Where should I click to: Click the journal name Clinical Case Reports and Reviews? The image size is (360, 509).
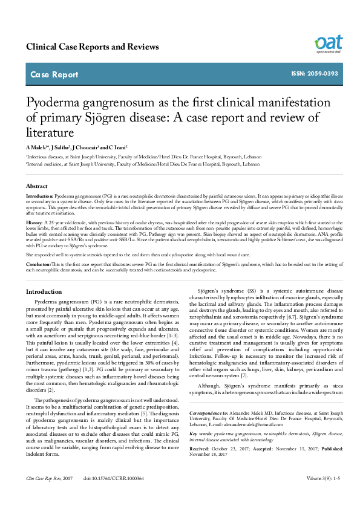tap(93, 47)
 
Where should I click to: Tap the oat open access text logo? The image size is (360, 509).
tap(328, 43)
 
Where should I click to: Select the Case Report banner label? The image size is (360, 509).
tap(54, 75)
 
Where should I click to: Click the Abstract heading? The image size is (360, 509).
tap(38, 186)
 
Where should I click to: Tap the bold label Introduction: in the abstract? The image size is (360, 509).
tap(40, 197)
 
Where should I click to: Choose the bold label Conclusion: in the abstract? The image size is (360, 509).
tap(39, 265)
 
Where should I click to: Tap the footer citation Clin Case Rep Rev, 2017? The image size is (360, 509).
tap(49, 495)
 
